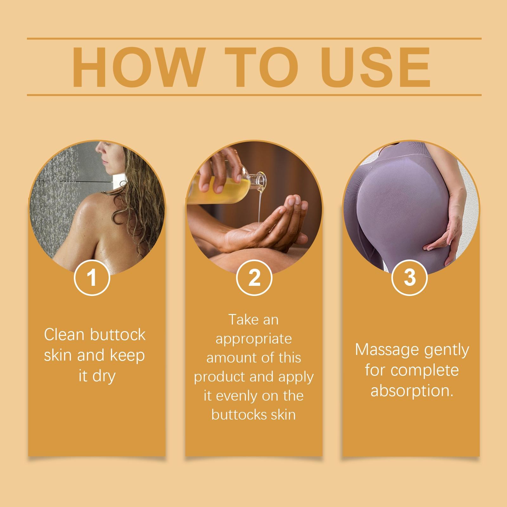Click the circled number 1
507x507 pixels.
pyautogui.click(x=92, y=278)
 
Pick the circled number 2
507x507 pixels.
pyautogui.click(x=254, y=278)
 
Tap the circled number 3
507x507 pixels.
pyautogui.click(x=409, y=278)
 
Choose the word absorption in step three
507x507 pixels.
pyautogui.click(x=411, y=391)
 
